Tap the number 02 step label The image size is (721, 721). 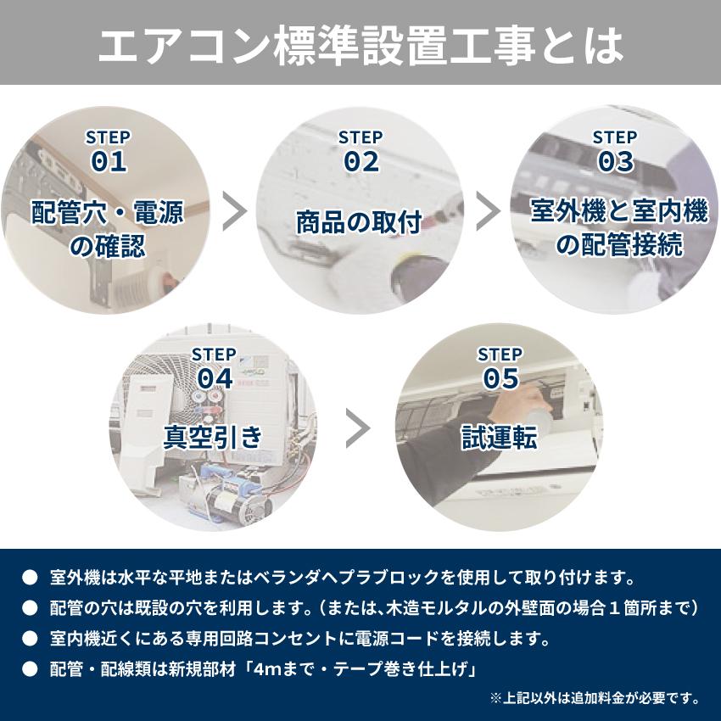pyautogui.click(x=360, y=162)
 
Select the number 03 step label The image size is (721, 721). pyautogui.click(x=615, y=162)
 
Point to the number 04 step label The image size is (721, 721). pyautogui.click(x=214, y=378)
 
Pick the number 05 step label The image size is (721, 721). pyautogui.click(x=500, y=378)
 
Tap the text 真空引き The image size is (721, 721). pyautogui.click(x=214, y=437)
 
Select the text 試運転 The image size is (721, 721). pyautogui.click(x=500, y=437)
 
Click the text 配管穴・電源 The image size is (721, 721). pyautogui.click(x=107, y=211)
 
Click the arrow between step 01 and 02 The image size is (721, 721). pyautogui.click(x=234, y=211)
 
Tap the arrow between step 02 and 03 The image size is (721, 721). pyautogui.click(x=488, y=211)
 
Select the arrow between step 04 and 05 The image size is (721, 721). pyautogui.click(x=359, y=428)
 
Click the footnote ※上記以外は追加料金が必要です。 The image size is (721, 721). pyautogui.click(x=595, y=698)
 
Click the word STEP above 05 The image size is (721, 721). pyautogui.click(x=500, y=354)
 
